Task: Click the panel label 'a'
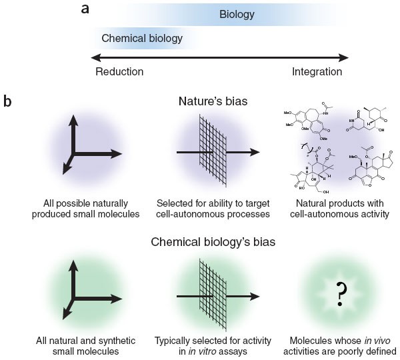click(103, 9)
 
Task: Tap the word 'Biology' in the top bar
click(237, 14)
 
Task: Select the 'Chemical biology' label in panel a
click(142, 38)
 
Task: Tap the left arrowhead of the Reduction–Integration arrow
click(95, 56)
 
